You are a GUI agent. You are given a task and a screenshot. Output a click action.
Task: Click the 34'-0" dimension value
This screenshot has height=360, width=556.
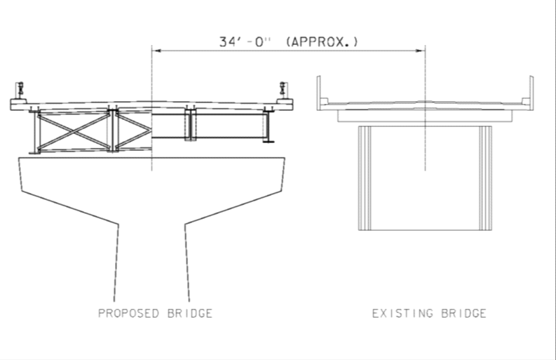(x=244, y=42)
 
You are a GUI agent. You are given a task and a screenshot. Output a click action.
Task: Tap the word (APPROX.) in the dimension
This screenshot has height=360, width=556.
(x=322, y=42)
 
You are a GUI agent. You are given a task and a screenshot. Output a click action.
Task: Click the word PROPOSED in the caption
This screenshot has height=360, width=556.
(x=128, y=313)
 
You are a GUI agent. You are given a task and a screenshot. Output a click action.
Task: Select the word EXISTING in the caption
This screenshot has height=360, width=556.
(x=403, y=313)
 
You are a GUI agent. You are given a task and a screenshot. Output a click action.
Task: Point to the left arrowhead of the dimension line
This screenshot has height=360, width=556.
(x=156, y=51)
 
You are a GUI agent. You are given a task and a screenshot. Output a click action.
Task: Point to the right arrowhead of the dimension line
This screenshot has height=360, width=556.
(x=421, y=51)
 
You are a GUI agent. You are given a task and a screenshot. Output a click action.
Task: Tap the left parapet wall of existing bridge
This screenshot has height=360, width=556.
(x=319, y=93)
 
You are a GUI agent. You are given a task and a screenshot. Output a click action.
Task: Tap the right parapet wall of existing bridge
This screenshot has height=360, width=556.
(x=531, y=93)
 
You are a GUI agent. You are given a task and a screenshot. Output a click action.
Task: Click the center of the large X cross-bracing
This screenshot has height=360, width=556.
(x=74, y=132)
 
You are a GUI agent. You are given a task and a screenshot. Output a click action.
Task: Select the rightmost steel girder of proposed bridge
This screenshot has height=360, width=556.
(x=268, y=126)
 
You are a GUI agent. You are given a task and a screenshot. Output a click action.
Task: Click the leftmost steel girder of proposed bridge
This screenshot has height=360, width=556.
(x=36, y=132)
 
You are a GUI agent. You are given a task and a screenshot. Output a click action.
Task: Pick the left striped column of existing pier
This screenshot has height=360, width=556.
(x=365, y=178)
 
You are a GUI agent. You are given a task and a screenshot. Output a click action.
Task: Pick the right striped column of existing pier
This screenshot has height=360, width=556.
(x=485, y=178)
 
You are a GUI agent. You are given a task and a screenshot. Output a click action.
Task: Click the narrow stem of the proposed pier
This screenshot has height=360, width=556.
(x=151, y=262)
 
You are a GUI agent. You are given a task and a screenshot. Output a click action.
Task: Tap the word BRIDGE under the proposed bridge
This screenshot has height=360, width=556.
(x=190, y=313)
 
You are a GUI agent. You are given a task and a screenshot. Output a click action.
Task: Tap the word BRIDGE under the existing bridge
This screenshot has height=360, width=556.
(x=464, y=313)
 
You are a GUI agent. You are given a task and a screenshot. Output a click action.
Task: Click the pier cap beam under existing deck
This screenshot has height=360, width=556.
(x=425, y=116)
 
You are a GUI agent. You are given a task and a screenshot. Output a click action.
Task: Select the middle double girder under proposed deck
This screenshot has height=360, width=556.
(x=191, y=125)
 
